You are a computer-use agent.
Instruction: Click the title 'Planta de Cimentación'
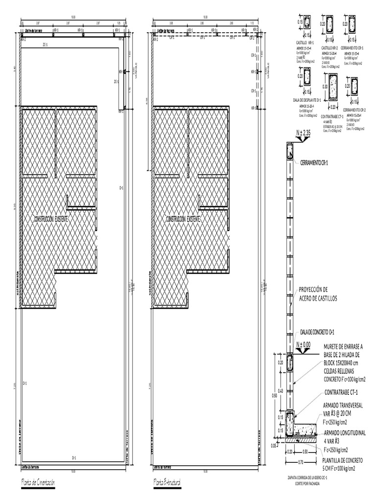click(38, 483)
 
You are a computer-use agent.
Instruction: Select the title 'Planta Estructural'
click(167, 483)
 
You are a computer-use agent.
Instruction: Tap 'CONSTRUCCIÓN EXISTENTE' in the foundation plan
click(51, 219)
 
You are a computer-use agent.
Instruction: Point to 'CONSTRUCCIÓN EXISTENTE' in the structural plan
click(183, 219)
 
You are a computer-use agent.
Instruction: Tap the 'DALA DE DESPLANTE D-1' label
click(307, 99)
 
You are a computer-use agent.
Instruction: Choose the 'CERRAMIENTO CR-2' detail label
click(355, 110)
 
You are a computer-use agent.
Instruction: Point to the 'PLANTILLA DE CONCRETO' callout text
click(343, 461)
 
